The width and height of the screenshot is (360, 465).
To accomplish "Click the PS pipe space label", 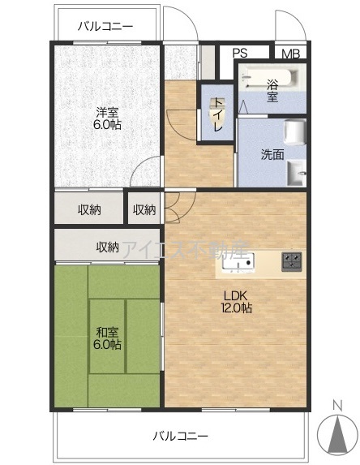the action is [240, 53].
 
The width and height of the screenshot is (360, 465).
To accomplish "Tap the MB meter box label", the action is [290, 54].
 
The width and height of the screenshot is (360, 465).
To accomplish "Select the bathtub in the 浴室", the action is [269, 78].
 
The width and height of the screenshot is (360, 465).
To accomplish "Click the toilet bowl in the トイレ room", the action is [217, 110].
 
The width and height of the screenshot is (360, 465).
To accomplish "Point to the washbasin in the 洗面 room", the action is [295, 173].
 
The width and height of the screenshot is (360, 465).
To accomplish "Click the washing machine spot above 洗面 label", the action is [295, 132].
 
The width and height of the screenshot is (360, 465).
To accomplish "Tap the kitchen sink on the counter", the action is [238, 262].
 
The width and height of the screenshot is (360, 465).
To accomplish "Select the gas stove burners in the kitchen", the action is [292, 261].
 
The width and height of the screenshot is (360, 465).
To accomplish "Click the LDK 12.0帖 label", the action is [237, 302].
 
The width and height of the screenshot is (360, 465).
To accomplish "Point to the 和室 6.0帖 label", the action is [107, 338].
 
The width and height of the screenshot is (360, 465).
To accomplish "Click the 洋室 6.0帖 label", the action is [107, 118].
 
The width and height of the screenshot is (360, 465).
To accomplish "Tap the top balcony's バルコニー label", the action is [105, 27].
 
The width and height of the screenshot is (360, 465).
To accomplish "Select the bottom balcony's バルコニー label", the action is [181, 437].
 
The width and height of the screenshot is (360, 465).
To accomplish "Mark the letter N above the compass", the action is [337, 406].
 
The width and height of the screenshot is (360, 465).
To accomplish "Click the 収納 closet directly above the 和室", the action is [107, 247].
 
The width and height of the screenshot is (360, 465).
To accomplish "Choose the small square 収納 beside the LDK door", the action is [144, 209].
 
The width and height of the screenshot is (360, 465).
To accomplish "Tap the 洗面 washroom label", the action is [272, 155].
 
